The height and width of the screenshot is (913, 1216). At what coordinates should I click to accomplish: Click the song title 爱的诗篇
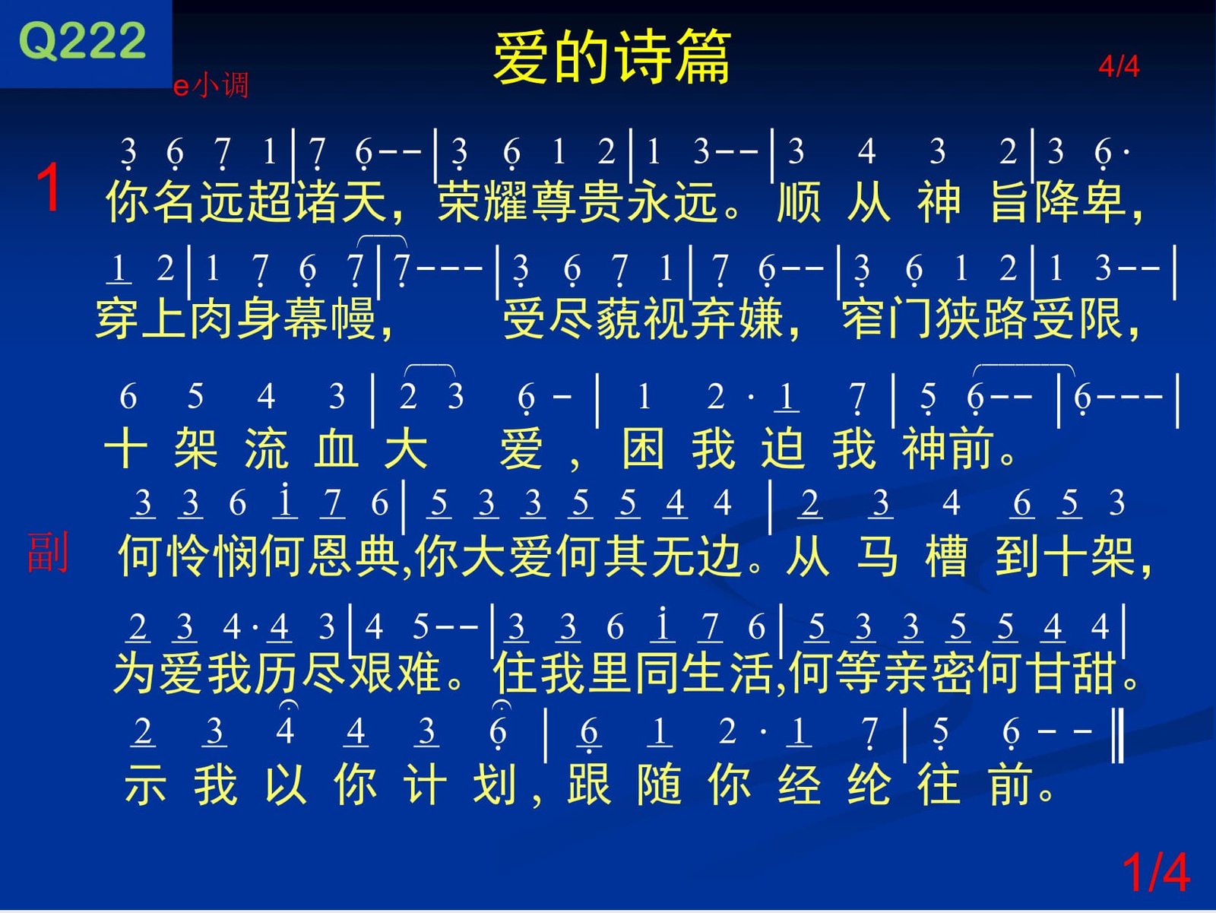612,57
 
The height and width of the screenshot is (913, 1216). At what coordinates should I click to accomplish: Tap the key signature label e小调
211,85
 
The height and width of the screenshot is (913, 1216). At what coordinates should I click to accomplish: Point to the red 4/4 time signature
1119,66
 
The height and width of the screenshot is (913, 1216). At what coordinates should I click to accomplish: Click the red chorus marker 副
48,552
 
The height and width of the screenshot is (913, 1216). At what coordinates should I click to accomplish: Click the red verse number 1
48,188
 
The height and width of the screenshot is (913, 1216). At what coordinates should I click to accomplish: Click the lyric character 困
643,448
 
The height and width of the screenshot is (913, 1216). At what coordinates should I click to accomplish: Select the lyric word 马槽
912,555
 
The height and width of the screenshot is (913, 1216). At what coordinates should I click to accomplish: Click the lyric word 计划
460,783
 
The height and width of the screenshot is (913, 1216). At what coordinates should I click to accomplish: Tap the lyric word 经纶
834,783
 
